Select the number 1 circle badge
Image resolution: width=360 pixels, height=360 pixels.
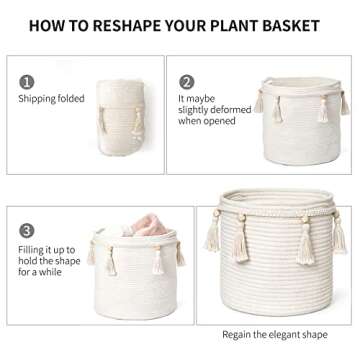point(27,83)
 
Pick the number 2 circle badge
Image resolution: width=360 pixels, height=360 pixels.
point(186,83)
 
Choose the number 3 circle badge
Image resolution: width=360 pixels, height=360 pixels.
point(27,229)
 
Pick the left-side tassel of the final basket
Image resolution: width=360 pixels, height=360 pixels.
point(212,236)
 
